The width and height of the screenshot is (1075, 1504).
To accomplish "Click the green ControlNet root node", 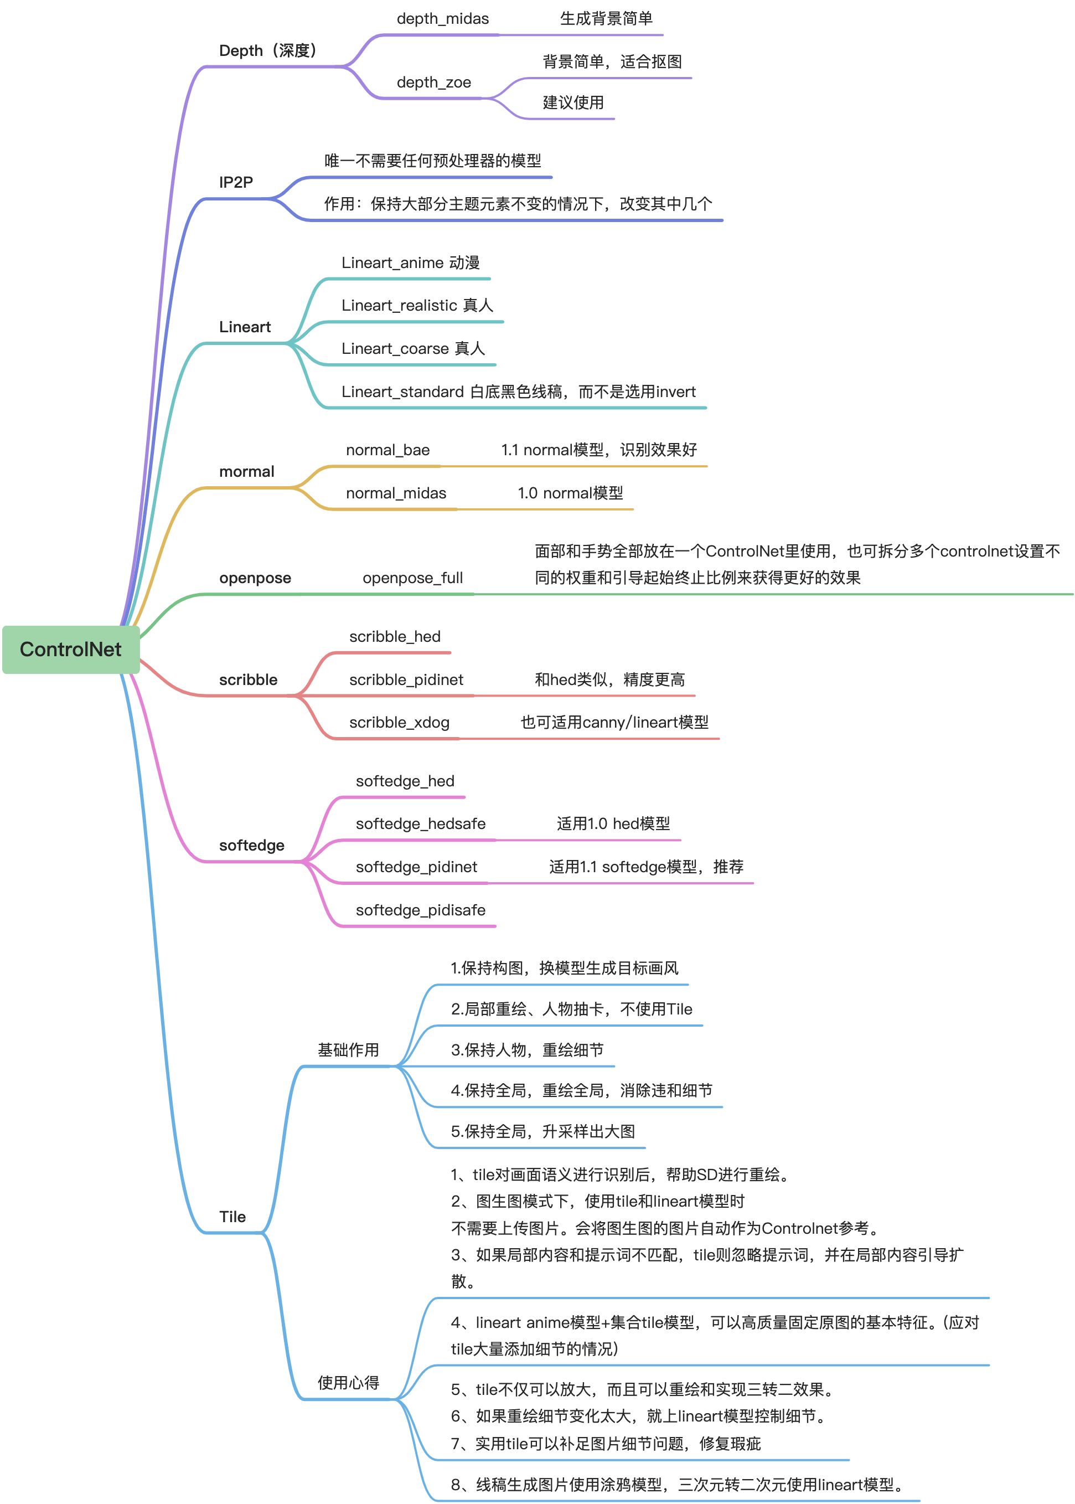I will pos(71,649).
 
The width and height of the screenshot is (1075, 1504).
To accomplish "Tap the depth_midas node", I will pos(442,18).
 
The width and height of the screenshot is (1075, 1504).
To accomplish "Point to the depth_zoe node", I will pos(433,82).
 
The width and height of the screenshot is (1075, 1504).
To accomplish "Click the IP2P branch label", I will pos(236,182).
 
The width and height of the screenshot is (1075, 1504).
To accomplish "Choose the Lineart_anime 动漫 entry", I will pos(410,262).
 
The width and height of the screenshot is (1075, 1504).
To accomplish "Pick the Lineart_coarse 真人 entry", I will pos(413,348).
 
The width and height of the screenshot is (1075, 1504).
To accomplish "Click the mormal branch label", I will pos(246,472).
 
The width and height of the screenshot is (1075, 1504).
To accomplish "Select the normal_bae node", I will pos(387,450).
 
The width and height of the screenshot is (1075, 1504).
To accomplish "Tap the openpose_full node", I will pos(412,578).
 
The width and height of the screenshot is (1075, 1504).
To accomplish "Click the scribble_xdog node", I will pos(399,722).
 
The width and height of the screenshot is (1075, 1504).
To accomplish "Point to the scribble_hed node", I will pos(395,636).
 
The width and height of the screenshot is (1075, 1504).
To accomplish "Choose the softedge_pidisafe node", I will pos(420,910).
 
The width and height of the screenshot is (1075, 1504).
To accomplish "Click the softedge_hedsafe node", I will pos(420,823).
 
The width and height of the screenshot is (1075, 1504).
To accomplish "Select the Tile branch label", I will pos(232,1217).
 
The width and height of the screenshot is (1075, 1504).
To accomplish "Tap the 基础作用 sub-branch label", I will pos(348,1050).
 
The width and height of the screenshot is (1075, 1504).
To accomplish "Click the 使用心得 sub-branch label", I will pos(348,1383).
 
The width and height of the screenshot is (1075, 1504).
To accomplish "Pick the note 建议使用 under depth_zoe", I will pos(573,102).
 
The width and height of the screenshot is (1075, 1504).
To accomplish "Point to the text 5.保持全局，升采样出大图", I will pos(543,1131).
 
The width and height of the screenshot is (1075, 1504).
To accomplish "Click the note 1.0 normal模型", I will pos(570,493).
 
